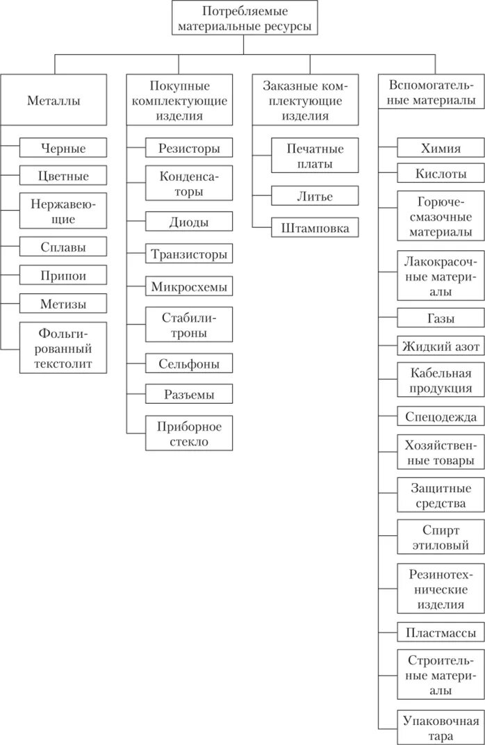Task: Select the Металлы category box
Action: click(54, 100)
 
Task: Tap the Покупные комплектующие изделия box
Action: click(180, 100)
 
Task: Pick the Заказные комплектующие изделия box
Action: click(305, 100)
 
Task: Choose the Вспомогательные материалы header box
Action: click(431, 92)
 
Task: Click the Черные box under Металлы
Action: click(63, 148)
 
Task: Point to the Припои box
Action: click(63, 275)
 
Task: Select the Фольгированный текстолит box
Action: click(63, 347)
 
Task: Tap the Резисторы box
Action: click(189, 148)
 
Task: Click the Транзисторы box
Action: click(189, 254)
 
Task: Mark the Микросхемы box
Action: click(189, 286)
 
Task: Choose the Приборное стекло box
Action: click(189, 434)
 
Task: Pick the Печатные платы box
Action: click(315, 156)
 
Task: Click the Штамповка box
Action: click(315, 228)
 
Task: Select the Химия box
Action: click(441, 148)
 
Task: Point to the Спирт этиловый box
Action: click(441, 538)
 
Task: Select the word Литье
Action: click(315, 196)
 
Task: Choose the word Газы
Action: click(441, 318)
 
